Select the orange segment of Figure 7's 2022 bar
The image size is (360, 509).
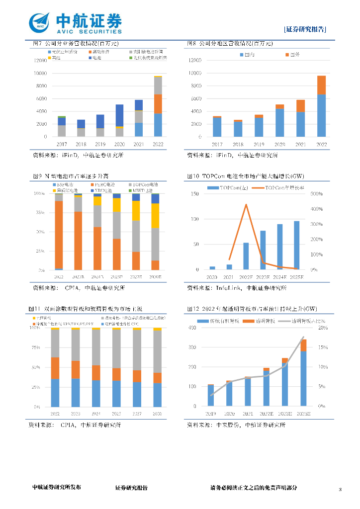point(158,104)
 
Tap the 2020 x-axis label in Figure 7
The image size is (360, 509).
point(120,144)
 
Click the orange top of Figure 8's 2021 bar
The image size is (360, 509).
point(301,106)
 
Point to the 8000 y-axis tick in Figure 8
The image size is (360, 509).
point(195,86)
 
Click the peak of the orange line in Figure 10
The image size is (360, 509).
point(246,204)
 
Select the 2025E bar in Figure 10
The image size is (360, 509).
point(296,246)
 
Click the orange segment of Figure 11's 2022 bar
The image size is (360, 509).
point(55,368)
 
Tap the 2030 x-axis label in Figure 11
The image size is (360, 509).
point(157,414)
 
